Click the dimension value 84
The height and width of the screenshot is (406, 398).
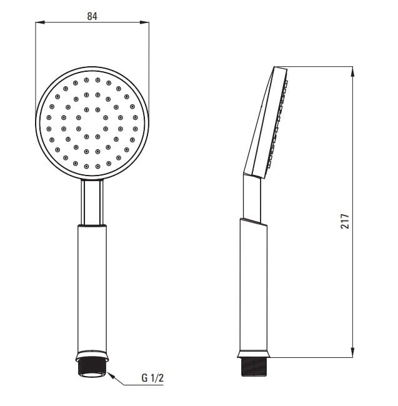pos(92,16)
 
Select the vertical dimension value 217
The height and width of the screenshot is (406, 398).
pos(345,220)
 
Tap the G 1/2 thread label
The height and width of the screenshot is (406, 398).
pos(152,378)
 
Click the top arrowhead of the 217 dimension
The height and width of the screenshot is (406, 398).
pos(353,71)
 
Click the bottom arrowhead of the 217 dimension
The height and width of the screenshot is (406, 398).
pos(353,354)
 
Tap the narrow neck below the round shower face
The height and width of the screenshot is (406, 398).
pos(92,201)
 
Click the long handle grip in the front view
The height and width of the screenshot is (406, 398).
pos(92,287)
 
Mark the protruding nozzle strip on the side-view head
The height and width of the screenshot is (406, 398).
pos(279,125)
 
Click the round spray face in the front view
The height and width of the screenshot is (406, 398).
pos(92,123)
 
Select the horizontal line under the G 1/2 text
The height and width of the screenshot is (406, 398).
pos(147,385)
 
